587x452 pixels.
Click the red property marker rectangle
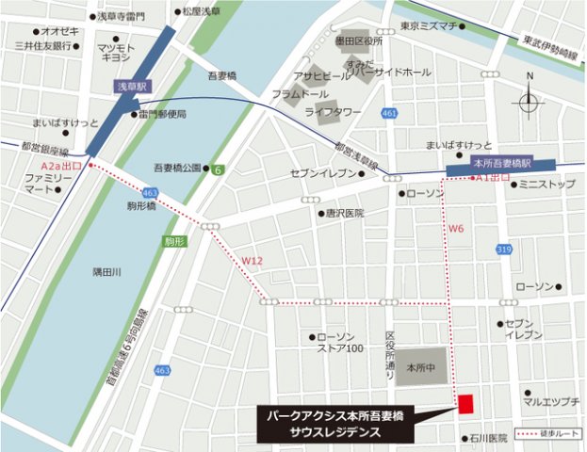click(x=465, y=402)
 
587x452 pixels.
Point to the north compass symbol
click(x=529, y=101)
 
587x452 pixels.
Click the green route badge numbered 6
click(x=218, y=169)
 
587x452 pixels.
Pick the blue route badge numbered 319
click(x=505, y=250)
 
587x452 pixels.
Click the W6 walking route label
click(x=456, y=228)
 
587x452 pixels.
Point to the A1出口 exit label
click(x=493, y=177)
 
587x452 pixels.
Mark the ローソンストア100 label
click(x=341, y=343)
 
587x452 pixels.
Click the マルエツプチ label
click(x=550, y=402)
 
